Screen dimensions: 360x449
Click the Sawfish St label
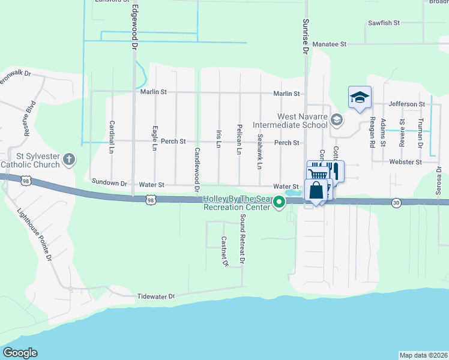pyautogui.click(x=384, y=23)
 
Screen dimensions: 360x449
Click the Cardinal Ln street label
pyautogui.click(x=112, y=137)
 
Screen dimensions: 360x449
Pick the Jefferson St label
pyautogui.click(x=406, y=104)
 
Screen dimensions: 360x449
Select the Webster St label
pyautogui.click(x=405, y=162)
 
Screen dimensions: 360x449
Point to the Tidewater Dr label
pyautogui.click(x=155, y=296)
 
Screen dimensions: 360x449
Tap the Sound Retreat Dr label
pyautogui.click(x=243, y=239)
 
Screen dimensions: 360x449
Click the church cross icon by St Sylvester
pyautogui.click(x=69, y=160)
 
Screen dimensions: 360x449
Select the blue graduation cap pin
pyautogui.click(x=360, y=97)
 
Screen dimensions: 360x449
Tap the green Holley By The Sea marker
pyautogui.click(x=279, y=203)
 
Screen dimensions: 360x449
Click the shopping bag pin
pyautogui.click(x=316, y=190)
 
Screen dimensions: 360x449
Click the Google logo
pyautogui.click(x=20, y=353)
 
